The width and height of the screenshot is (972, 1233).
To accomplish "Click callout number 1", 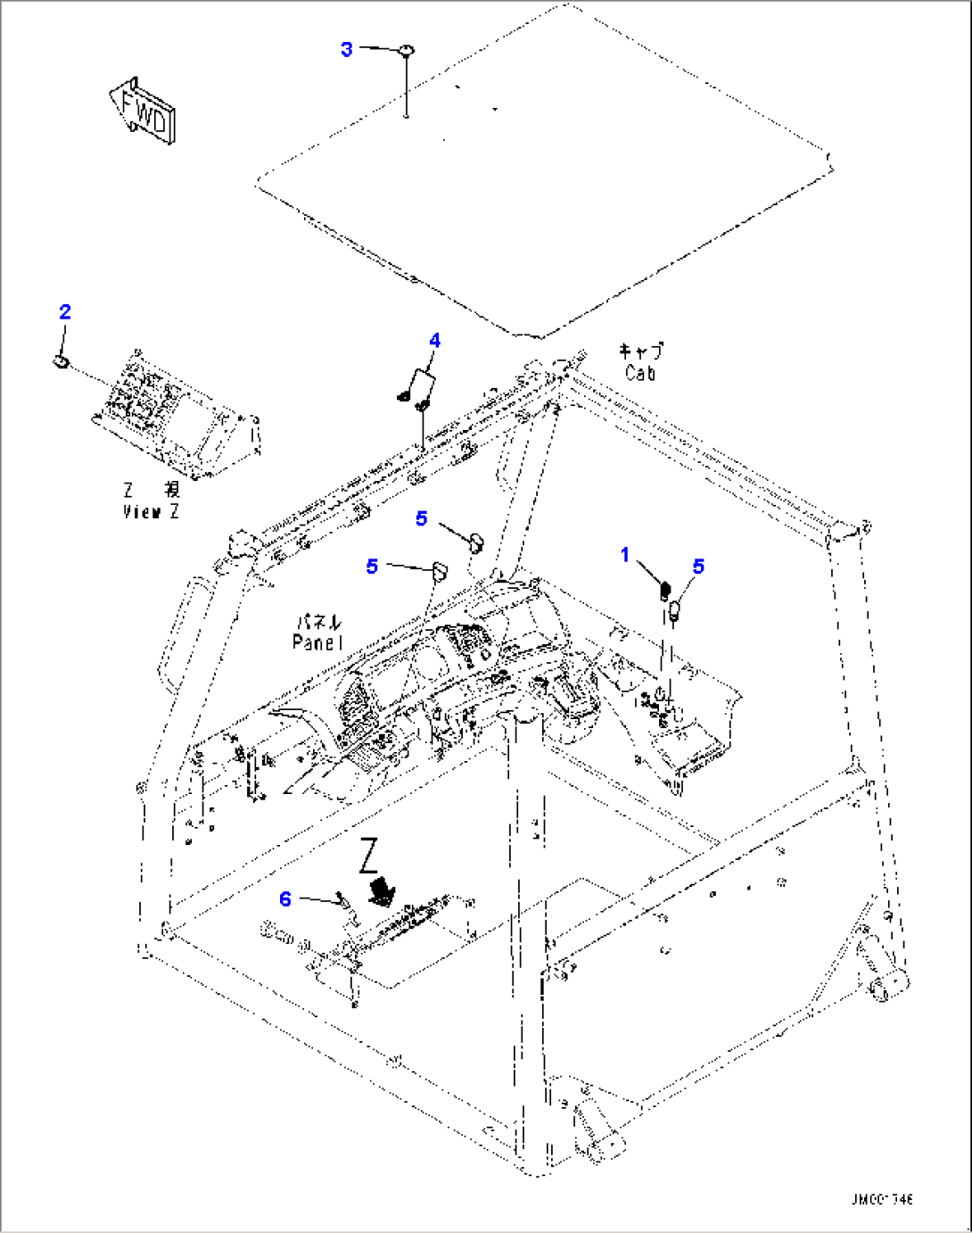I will [625, 555].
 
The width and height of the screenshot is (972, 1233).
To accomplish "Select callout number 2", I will [65, 311].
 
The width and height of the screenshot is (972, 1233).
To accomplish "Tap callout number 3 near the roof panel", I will [347, 49].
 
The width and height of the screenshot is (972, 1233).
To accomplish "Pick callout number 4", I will [434, 340].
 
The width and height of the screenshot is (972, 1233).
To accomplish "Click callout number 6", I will [285, 898].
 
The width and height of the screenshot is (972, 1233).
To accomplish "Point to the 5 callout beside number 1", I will [698, 566].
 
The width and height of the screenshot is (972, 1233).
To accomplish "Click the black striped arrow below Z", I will [383, 890].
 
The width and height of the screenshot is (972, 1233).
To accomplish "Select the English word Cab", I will [640, 373].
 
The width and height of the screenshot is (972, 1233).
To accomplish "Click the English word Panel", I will [317, 642].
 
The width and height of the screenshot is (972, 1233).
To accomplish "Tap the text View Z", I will [151, 512].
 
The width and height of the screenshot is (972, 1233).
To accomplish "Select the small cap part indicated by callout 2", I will [62, 360].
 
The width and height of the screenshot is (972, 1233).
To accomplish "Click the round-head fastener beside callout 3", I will [406, 51].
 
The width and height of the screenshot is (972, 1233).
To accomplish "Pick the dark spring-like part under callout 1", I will [664, 590].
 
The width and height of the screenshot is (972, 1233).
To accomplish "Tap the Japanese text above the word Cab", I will [641, 352].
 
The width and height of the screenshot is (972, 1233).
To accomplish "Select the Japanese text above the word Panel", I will [318, 623].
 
